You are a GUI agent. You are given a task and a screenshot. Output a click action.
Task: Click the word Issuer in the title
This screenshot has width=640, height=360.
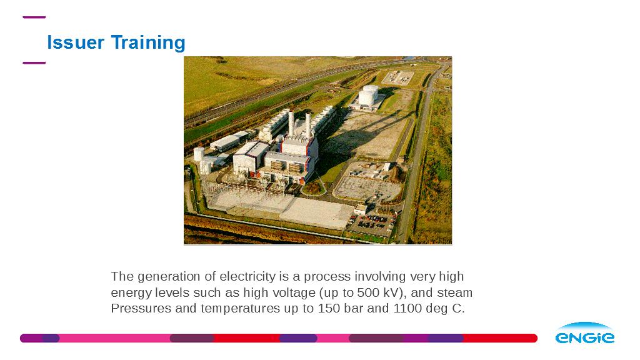coord(76,42)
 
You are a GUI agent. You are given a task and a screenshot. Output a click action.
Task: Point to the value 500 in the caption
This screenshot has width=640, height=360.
coord(368,292)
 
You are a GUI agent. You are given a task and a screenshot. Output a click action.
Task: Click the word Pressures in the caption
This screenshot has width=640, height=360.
coord(141,308)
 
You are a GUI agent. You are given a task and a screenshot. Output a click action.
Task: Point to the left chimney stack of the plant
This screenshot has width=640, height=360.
coord(291,123)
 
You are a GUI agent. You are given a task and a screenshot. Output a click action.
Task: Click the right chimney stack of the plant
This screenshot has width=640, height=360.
coord(308,125)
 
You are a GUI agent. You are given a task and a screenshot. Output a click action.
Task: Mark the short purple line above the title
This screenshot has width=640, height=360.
coord(34,17)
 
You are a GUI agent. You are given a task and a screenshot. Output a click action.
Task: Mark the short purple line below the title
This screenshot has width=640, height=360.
coord(34,63)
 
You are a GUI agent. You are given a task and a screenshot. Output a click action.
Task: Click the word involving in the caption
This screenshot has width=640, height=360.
coord(380,277)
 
